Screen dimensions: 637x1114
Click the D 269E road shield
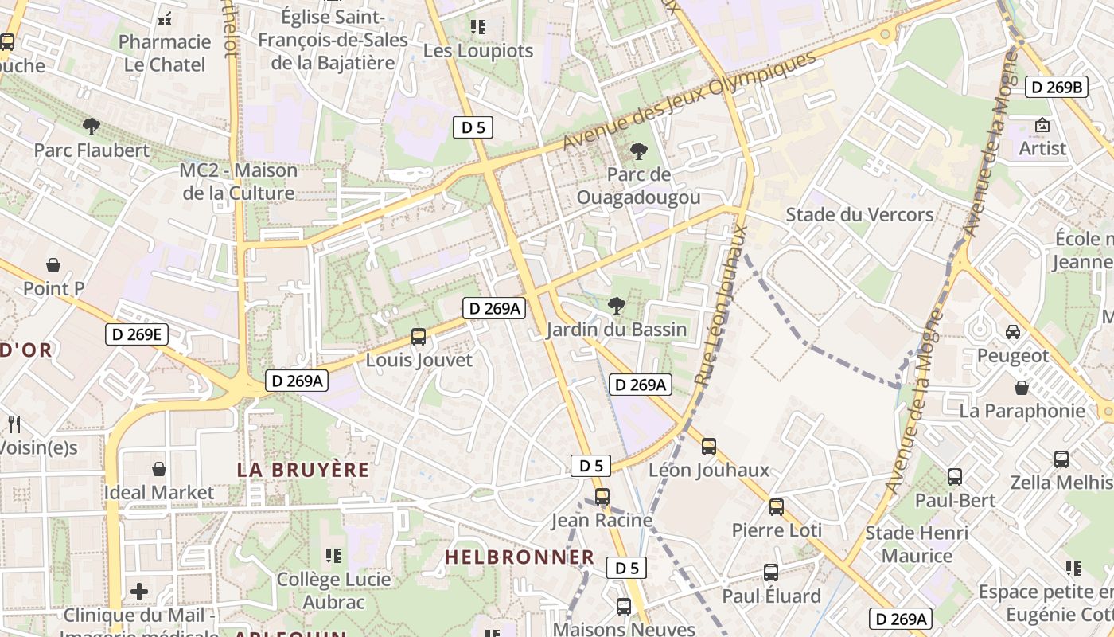click(x=137, y=334)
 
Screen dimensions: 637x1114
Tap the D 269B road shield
click(x=1056, y=88)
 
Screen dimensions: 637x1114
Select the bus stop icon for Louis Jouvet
click(x=419, y=337)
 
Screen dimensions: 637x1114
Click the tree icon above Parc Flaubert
click(x=92, y=126)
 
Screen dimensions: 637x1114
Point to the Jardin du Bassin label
click(x=616, y=330)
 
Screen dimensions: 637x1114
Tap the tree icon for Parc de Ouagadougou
click(x=638, y=150)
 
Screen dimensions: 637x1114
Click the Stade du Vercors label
click(x=859, y=215)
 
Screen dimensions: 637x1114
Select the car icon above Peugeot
click(x=1013, y=331)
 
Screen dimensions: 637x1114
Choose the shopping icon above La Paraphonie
click(x=1022, y=388)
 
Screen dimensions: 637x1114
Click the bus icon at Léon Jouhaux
click(x=709, y=447)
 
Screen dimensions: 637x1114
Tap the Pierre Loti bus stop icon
click(x=777, y=507)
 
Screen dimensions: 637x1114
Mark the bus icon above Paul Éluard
click(x=771, y=573)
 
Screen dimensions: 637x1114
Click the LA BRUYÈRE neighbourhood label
click(x=303, y=470)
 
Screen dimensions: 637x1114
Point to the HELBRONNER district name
click(x=519, y=557)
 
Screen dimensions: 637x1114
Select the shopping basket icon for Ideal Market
click(x=159, y=469)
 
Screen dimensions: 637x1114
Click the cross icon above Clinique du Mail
click(x=139, y=592)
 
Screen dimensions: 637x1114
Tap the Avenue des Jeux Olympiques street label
click(x=690, y=101)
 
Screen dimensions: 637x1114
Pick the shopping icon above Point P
click(x=53, y=264)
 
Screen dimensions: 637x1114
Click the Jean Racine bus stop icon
click(x=602, y=497)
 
